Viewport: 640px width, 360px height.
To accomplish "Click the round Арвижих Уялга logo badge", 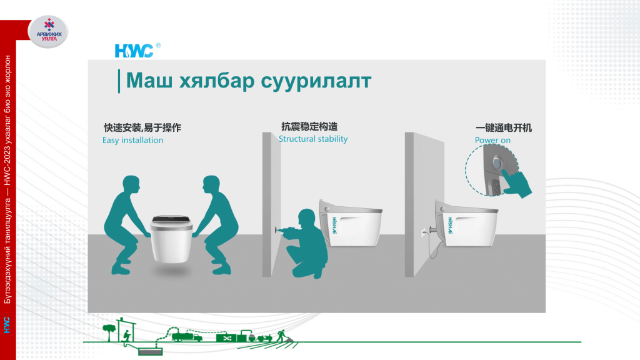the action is click(48, 31).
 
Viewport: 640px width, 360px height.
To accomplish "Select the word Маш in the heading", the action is click(149, 81).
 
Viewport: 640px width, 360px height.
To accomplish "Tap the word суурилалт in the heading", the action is click(316, 81).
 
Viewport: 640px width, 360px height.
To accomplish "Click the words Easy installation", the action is click(132, 140).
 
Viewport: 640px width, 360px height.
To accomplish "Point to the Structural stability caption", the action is click(313, 139).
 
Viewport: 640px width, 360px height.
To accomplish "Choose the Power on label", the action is click(492, 140).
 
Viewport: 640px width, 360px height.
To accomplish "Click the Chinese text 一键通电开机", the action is click(503, 127).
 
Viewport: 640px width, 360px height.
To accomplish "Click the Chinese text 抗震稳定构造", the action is click(309, 126).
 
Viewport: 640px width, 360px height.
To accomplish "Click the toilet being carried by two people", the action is click(171, 239).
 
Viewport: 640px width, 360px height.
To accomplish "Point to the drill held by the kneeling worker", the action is click(282, 231).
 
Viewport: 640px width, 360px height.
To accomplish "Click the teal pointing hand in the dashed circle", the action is click(516, 184).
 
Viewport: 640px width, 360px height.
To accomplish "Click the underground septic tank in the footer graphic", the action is click(150, 351).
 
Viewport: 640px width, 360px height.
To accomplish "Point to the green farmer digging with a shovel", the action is click(282, 336).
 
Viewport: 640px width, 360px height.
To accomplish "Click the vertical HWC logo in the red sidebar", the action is click(7, 325).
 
